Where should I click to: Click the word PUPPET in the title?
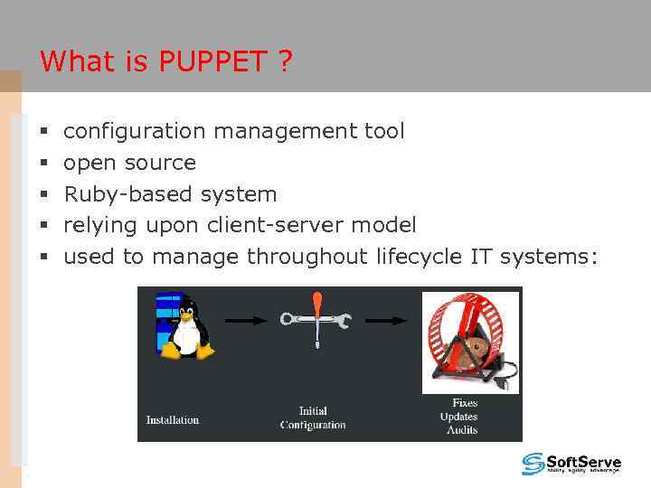(x=212, y=62)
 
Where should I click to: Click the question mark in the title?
(x=285, y=62)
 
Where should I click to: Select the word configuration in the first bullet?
(x=135, y=132)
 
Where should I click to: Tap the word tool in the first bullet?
(x=384, y=132)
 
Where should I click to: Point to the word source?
(x=160, y=163)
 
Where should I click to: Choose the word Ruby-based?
(x=129, y=194)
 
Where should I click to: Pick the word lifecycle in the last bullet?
(x=419, y=257)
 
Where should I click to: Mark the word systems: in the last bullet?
(x=549, y=257)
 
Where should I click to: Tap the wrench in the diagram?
(x=316, y=320)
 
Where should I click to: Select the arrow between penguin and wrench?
(x=246, y=320)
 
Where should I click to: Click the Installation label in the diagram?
(x=173, y=419)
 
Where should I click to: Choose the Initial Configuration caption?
(x=313, y=418)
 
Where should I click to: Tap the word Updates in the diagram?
(x=458, y=417)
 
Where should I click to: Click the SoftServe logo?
(x=571, y=464)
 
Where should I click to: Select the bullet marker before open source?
(x=43, y=164)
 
